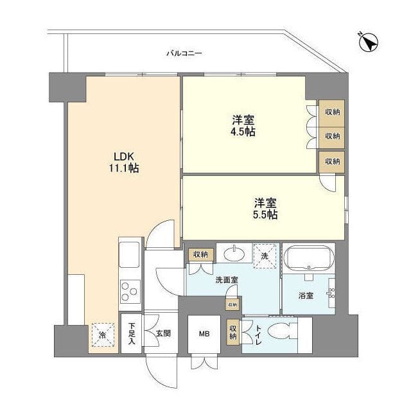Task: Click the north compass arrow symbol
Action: point(369,42)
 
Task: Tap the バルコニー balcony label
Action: point(184,53)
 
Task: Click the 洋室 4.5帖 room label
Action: point(243,126)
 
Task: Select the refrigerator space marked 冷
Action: point(102,333)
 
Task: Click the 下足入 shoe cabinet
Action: point(131,333)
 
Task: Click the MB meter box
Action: point(204,334)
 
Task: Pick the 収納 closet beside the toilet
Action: point(233,332)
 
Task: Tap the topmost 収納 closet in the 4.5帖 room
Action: point(332,112)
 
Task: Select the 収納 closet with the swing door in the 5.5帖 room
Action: point(332,161)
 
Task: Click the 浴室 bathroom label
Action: point(306,296)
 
